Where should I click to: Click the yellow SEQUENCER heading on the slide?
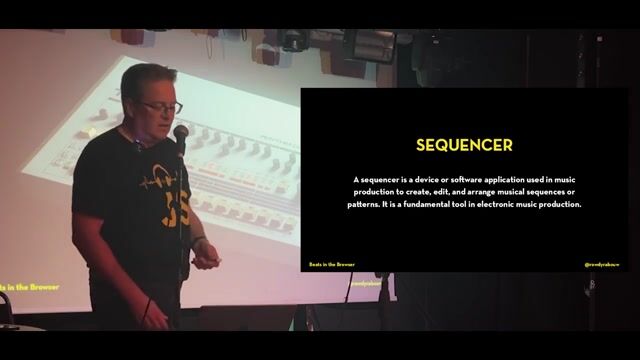coord(464,145)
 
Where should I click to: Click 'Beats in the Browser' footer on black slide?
coord(331,264)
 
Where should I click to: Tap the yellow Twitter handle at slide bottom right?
coord(602,264)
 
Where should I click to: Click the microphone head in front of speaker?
coord(180,133)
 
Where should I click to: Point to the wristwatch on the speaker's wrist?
coord(199,242)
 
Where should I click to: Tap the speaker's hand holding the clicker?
coord(206,260)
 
